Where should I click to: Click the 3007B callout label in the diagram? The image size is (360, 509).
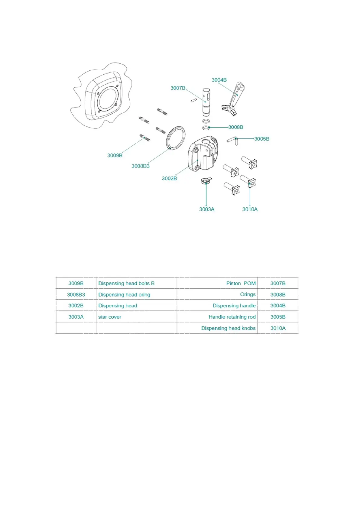[178, 88]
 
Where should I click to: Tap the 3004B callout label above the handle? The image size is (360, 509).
[219, 80]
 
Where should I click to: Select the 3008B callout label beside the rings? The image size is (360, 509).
[235, 127]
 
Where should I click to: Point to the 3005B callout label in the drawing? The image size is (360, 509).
[261, 139]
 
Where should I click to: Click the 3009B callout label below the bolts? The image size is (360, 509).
[115, 155]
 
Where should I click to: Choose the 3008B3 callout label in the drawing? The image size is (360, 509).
[140, 166]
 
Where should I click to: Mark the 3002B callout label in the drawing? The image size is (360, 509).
[169, 178]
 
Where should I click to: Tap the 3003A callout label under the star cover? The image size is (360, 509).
[207, 209]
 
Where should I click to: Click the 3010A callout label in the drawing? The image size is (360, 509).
[250, 209]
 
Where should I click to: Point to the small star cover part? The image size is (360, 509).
[206, 181]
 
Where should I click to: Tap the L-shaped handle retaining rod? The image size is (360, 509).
[233, 140]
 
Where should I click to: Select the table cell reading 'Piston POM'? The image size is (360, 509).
[241, 284]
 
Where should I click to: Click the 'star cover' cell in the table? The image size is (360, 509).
[110, 317]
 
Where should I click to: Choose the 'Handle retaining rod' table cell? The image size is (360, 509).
[232, 317]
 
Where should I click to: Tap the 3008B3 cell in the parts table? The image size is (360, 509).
[76, 295]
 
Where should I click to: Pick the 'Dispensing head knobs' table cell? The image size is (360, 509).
[228, 328]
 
